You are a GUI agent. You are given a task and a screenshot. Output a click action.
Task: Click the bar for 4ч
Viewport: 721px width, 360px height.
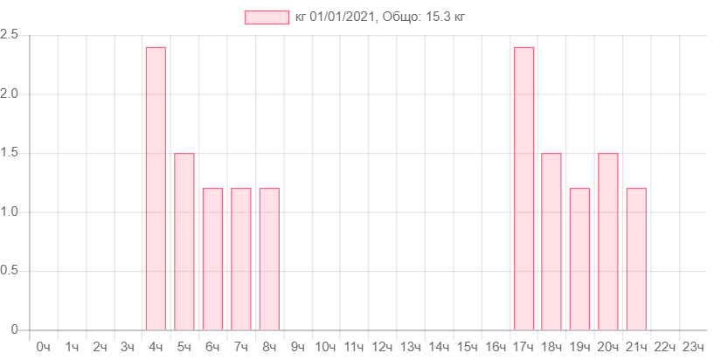[x=156, y=188]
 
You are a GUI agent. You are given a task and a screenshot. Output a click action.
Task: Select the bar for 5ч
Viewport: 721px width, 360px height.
[x=184, y=241]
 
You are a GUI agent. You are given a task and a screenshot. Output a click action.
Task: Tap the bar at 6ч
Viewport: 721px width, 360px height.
[x=212, y=259]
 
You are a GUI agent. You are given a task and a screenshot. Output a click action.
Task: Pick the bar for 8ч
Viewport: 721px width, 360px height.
[x=269, y=259]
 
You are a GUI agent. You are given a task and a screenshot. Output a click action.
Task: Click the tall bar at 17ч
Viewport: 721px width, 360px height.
[x=524, y=188]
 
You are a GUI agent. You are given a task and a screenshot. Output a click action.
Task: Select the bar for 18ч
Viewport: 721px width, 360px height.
[x=551, y=241]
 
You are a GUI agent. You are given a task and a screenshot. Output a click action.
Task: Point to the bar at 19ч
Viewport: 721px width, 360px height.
[x=579, y=259]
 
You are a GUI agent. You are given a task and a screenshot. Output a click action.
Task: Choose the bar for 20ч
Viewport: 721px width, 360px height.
[x=608, y=241]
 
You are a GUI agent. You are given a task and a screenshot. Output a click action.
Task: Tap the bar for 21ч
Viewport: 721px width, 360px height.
[x=636, y=259]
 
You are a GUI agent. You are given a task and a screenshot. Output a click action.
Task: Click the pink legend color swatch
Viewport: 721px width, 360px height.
[x=267, y=17]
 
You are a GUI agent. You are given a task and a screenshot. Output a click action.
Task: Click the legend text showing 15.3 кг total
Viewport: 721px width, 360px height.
[x=386, y=17]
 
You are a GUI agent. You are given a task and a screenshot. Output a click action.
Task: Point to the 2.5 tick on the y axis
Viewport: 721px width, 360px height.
[x=10, y=34]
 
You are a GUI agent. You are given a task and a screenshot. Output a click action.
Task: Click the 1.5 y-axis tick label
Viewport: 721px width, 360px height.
[x=10, y=153]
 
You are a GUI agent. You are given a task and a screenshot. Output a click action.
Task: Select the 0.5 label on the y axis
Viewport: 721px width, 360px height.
[x=10, y=271]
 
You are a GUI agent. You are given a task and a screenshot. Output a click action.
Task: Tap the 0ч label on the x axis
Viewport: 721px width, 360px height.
[x=43, y=347]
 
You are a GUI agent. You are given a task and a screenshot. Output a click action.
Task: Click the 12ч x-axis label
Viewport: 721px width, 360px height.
[x=382, y=347]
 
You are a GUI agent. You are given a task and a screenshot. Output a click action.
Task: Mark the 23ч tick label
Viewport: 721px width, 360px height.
[x=692, y=347]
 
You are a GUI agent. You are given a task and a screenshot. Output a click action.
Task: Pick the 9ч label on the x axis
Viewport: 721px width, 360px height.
[x=297, y=347]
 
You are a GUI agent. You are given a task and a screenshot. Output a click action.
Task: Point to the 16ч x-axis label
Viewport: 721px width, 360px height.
[x=495, y=347]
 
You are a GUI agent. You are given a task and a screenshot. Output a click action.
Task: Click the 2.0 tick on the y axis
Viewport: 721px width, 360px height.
[x=10, y=93]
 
